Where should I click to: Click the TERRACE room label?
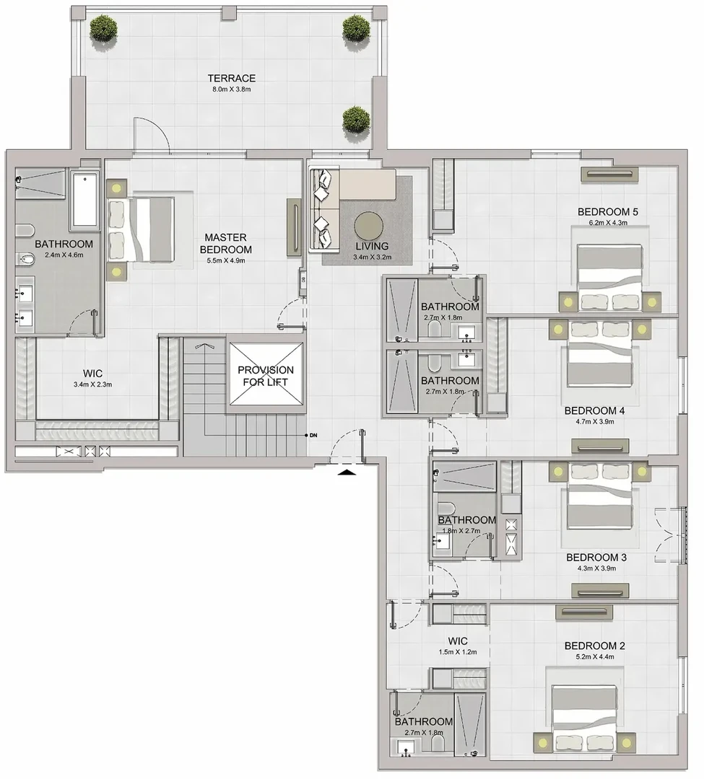(x=232, y=78)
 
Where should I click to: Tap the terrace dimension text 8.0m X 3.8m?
(x=232, y=89)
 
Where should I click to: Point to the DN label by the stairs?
(x=313, y=436)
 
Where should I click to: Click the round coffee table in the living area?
(x=368, y=226)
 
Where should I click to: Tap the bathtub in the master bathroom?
(x=84, y=199)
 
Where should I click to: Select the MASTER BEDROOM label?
(x=226, y=244)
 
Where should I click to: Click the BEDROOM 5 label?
(x=607, y=211)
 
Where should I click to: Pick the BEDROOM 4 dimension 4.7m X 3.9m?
(x=595, y=422)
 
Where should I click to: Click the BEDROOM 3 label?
(x=596, y=558)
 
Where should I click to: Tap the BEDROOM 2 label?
(x=595, y=646)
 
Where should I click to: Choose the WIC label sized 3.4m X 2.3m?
(x=92, y=374)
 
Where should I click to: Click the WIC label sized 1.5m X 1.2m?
(x=457, y=641)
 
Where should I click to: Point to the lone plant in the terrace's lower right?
(x=356, y=119)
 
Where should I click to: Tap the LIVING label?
(x=372, y=246)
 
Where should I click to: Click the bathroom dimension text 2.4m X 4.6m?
(x=64, y=255)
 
